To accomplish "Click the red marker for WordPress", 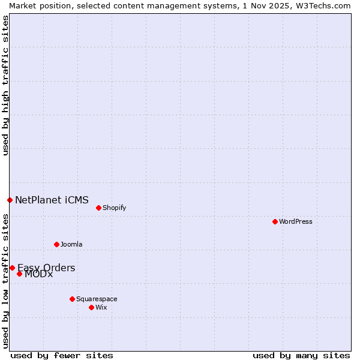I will [x=275, y=221].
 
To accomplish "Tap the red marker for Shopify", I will [x=98, y=208].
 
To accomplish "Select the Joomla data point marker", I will [x=56, y=244].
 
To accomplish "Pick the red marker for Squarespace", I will [x=72, y=299].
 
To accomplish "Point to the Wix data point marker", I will [x=91, y=307].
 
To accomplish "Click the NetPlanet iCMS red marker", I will [x=10, y=200].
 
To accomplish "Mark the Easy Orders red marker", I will [x=12, y=268].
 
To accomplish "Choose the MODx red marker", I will [x=19, y=274].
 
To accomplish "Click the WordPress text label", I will [x=296, y=221].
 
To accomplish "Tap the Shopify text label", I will [x=114, y=208].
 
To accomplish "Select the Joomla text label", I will [x=71, y=244].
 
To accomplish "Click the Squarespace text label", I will [x=97, y=299].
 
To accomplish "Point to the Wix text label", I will [x=101, y=307].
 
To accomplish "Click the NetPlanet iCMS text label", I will [x=52, y=200].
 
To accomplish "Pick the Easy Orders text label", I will [x=46, y=268].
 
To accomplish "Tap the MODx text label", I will [x=38, y=274].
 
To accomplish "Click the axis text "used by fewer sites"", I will [x=62, y=355].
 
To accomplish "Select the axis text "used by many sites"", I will [x=301, y=355].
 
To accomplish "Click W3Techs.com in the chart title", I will [x=322, y=5].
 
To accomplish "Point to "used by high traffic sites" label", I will [x=6, y=85].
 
